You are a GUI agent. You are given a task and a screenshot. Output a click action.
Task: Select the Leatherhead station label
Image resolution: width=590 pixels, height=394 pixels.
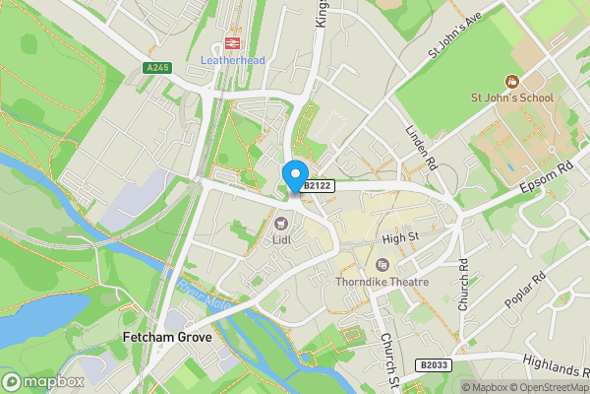[234, 59]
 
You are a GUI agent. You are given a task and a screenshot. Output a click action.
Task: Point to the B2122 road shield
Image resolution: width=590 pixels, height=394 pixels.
[318, 185]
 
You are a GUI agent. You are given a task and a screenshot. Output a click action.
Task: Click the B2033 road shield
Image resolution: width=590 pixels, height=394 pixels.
[434, 363]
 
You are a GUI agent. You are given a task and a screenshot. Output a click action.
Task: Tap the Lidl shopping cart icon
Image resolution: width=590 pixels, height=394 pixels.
[280, 222]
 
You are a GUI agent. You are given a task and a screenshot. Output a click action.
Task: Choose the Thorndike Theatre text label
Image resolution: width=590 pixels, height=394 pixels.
[383, 282]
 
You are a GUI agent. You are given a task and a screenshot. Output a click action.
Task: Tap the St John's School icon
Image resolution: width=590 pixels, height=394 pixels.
[511, 81]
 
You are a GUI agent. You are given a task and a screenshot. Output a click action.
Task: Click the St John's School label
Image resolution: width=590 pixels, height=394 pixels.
[511, 98]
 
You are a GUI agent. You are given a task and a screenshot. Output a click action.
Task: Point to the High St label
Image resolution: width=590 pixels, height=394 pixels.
[400, 238]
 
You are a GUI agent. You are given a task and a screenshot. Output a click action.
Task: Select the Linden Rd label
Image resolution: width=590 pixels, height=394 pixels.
[421, 145]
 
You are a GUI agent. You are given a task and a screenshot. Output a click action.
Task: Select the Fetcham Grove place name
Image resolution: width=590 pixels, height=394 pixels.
[167, 337]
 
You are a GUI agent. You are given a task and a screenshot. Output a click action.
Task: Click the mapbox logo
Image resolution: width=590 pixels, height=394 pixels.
[44, 381]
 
